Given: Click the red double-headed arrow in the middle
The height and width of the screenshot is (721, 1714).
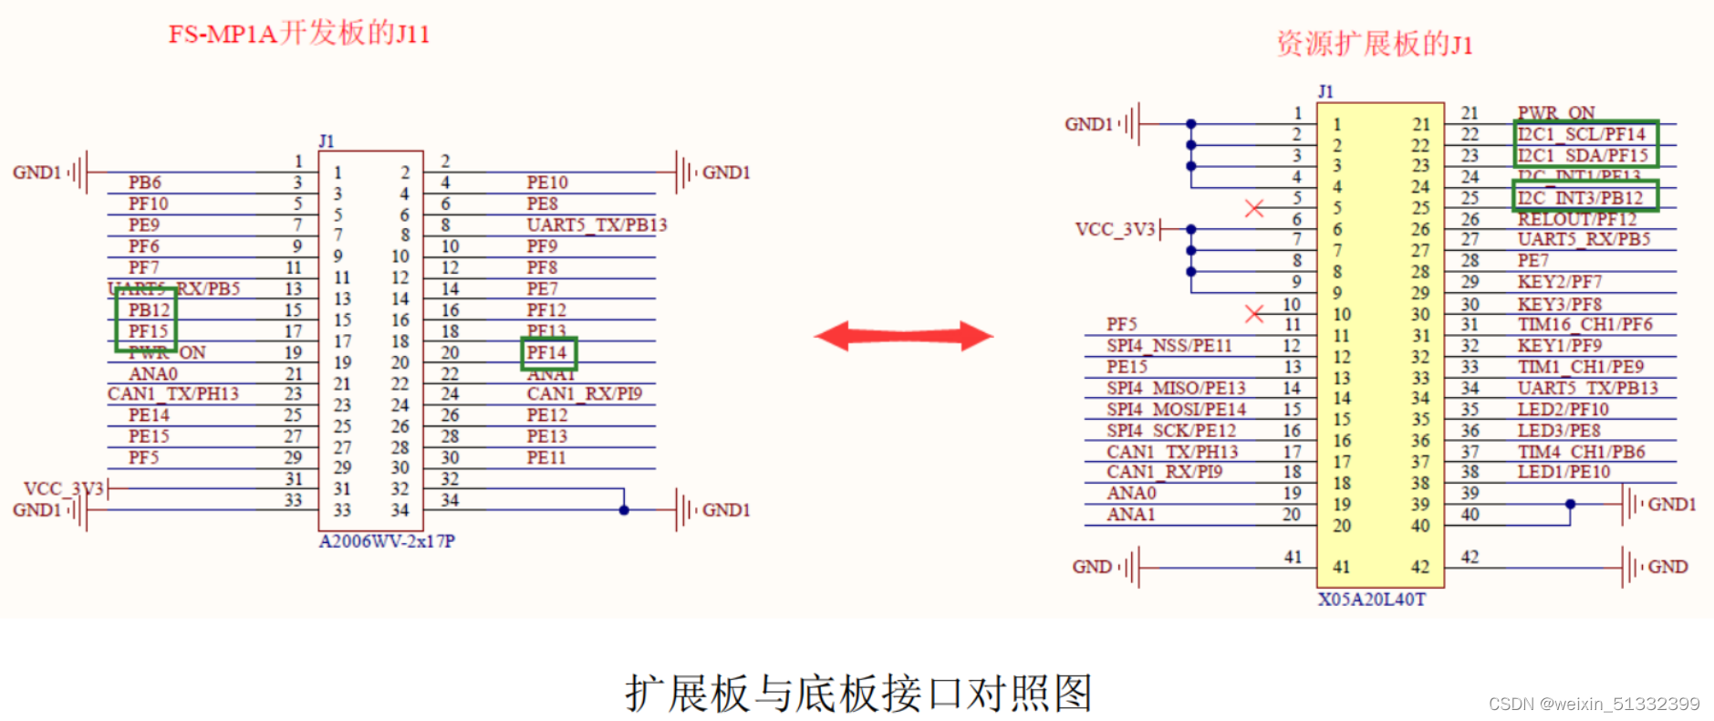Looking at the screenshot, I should tap(903, 336).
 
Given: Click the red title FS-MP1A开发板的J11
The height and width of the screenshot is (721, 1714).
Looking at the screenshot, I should tap(298, 35).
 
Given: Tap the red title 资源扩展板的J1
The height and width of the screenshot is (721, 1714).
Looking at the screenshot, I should tap(1374, 44).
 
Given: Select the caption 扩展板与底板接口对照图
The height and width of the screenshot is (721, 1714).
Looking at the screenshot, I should tap(857, 694).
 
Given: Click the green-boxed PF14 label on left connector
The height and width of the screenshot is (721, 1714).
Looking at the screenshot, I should tap(547, 352).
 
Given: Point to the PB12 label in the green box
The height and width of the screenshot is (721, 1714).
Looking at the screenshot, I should tap(149, 310).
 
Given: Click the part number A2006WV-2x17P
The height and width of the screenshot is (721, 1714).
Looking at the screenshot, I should tap(387, 541).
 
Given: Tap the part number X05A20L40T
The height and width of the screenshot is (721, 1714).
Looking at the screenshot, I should tap(1371, 600).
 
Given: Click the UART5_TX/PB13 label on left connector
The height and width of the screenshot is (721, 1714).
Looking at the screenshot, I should tap(597, 225).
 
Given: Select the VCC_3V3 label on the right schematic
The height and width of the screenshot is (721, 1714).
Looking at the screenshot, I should tap(1115, 229).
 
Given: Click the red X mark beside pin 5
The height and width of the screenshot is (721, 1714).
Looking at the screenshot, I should tap(1254, 208).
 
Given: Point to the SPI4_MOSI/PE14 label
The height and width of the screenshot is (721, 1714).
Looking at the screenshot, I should tap(1176, 409).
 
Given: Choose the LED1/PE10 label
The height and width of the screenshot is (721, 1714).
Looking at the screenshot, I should tap(1563, 472).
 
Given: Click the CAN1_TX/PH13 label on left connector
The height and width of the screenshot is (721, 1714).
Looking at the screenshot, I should tap(173, 394).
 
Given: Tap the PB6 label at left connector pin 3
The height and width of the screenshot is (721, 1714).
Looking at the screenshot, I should tap(144, 183).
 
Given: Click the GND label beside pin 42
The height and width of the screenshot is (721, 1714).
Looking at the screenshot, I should tap(1667, 567).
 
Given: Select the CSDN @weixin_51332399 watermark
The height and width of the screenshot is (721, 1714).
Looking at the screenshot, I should tap(1594, 704).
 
